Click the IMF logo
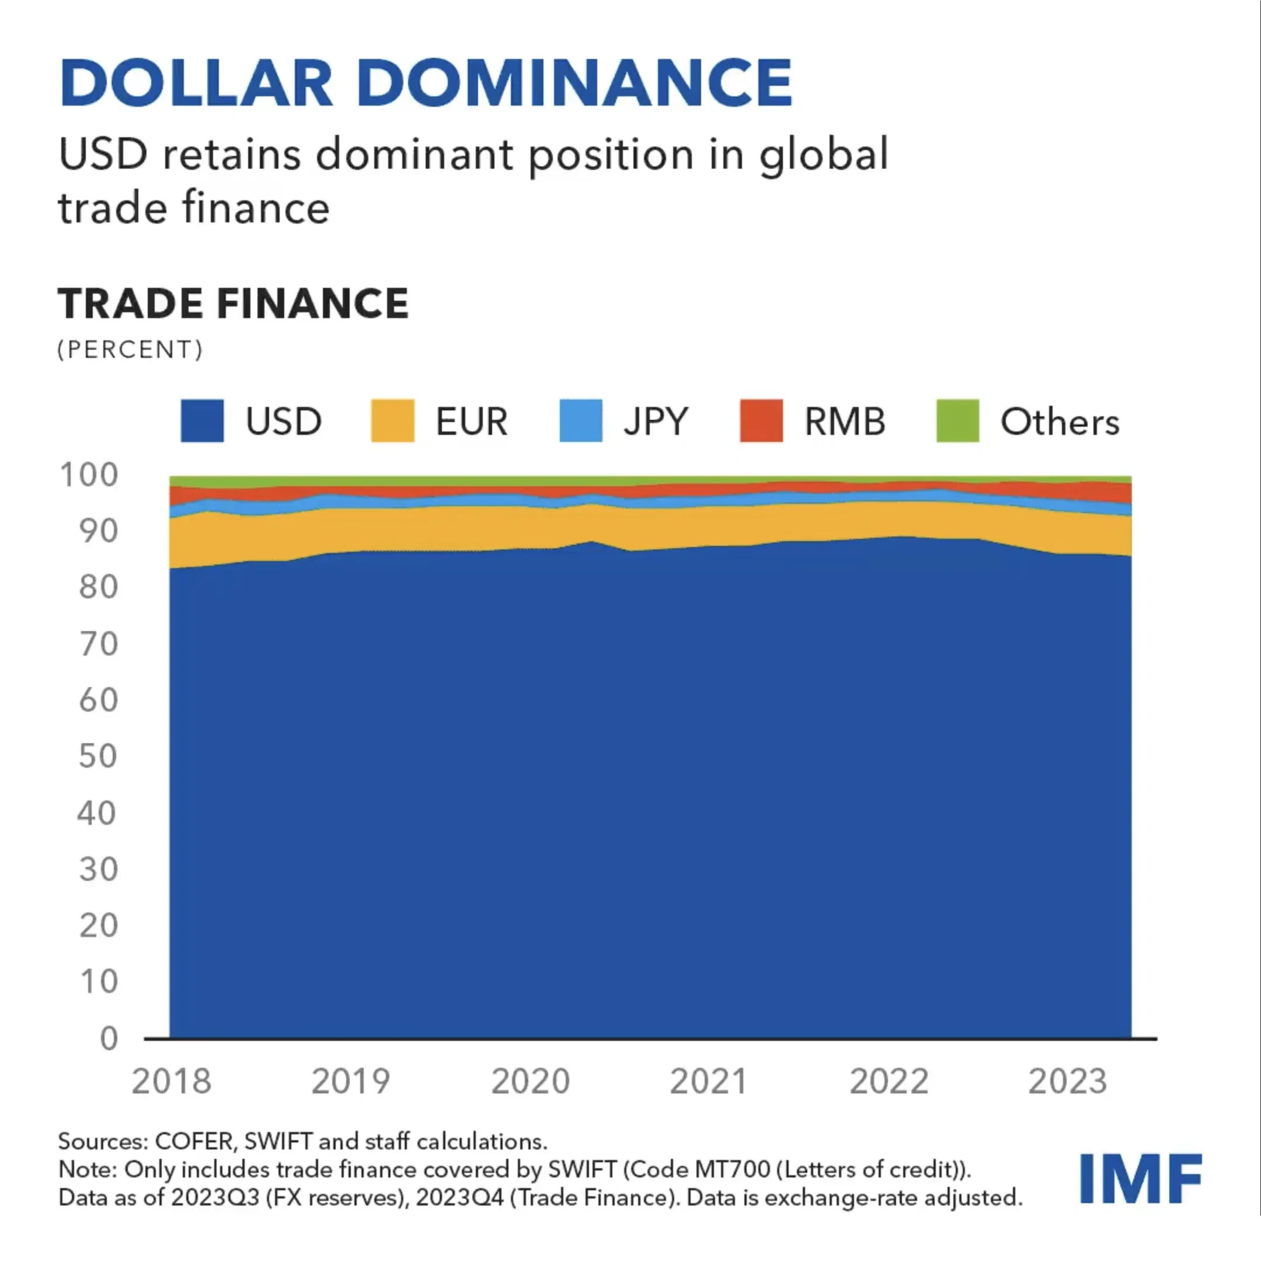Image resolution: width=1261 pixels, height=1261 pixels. point(1140,1178)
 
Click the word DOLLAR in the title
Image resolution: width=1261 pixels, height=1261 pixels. point(196,83)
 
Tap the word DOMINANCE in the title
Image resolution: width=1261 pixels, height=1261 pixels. point(574,83)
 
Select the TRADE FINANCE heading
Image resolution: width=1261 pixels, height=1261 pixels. point(233,304)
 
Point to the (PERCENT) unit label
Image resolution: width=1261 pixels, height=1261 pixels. point(130,349)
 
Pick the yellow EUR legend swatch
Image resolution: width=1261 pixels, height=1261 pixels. point(392,421)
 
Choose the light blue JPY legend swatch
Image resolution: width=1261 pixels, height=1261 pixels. point(580,421)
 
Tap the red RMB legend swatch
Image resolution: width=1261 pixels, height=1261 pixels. point(761,421)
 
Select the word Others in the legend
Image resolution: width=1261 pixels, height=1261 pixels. point(1060,422)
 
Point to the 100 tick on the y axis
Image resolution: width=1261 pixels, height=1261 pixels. point(89,475)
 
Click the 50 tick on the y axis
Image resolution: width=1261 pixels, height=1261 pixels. point(98,756)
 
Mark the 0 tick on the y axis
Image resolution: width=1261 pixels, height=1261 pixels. point(109,1038)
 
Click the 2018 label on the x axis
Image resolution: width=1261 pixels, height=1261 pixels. point(172,1082)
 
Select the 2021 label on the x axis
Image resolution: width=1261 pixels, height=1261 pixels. point(709,1082)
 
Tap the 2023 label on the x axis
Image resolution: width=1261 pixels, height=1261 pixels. point(1068,1082)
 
